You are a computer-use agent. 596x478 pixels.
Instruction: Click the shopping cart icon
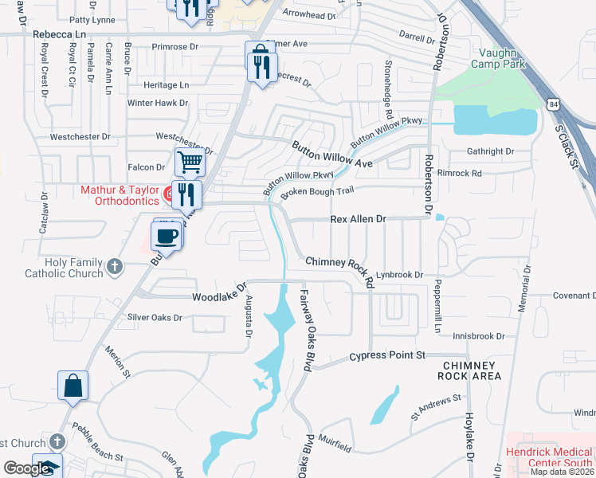pos(190,162)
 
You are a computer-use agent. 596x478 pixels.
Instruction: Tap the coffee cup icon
pos(167,236)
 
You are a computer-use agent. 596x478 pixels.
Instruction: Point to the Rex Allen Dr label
pos(358,219)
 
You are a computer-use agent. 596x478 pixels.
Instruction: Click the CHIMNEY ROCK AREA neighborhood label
pos(472,370)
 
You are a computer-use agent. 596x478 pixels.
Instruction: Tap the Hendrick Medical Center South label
pos(550,456)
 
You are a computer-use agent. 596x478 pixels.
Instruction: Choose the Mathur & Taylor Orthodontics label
pos(120,196)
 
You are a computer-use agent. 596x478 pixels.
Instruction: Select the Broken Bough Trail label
pos(316,191)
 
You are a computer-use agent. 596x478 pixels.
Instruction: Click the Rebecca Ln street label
pos(59,35)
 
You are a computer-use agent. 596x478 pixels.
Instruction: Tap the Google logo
pos(26,469)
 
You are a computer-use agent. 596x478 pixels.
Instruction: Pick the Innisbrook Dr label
pos(479,336)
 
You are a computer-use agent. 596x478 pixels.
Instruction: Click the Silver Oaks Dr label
pos(155,317)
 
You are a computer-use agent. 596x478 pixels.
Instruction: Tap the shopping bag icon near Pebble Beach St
pos(73,386)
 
